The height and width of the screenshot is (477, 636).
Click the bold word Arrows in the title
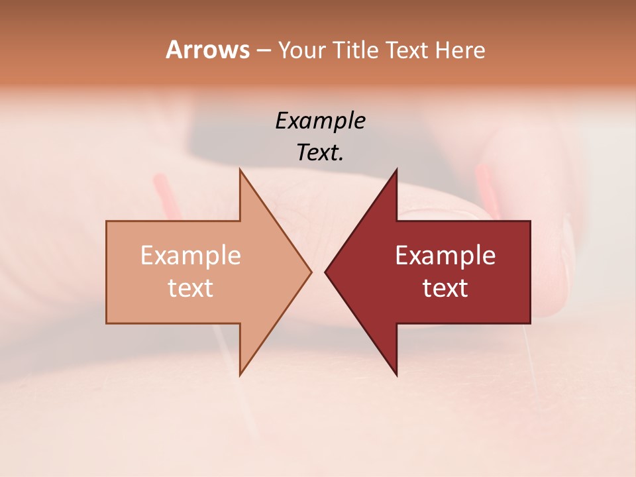point(207,50)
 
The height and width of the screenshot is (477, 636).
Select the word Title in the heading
point(357,50)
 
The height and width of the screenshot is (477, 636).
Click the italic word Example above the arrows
point(320,121)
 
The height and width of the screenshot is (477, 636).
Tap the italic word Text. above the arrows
point(320,153)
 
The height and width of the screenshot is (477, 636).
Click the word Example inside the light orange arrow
point(191,256)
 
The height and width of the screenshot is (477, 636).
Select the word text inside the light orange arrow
point(191,288)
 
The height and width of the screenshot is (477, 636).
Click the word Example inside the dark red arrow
point(445,256)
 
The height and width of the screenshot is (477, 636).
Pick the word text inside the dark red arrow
point(445,288)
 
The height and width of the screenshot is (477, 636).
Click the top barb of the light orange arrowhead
point(241,174)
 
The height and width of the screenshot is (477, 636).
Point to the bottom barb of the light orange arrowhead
point(241,371)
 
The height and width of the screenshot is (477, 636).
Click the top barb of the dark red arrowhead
point(395,174)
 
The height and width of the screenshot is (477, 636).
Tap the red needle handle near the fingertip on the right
point(486,185)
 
